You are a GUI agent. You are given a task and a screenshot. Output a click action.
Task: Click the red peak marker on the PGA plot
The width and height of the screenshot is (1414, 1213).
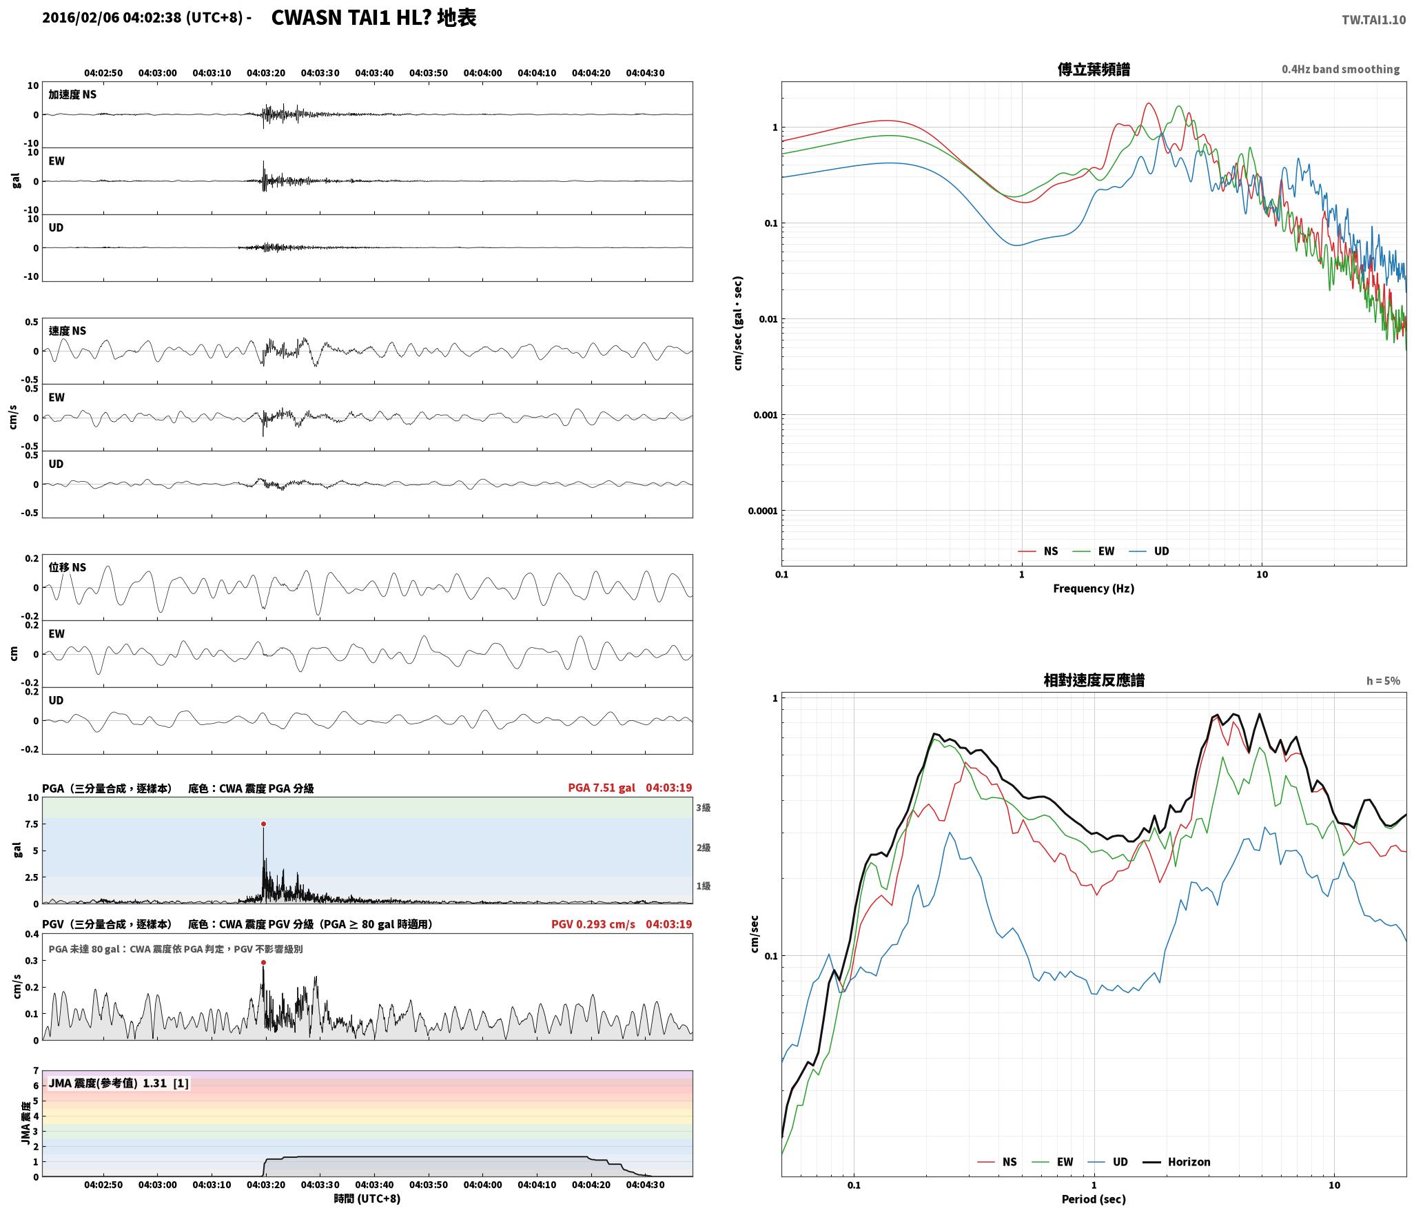click(x=263, y=824)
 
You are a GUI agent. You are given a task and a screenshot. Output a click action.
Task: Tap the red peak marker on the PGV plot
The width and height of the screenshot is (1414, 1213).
click(x=263, y=962)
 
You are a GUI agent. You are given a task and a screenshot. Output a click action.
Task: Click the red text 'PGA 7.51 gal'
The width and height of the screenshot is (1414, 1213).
click(x=602, y=788)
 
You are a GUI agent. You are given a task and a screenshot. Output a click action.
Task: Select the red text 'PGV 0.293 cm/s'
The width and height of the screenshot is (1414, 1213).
click(x=593, y=924)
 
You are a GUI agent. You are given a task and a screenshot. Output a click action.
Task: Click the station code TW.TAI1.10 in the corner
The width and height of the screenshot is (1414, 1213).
click(x=1373, y=20)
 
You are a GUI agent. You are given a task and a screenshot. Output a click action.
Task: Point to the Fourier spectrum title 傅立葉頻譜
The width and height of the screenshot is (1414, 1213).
click(x=1094, y=70)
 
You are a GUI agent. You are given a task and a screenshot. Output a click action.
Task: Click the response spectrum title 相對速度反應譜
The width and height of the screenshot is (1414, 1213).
click(x=1094, y=680)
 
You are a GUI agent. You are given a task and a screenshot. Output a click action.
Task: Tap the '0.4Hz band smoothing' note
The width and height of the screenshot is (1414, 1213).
click(x=1340, y=70)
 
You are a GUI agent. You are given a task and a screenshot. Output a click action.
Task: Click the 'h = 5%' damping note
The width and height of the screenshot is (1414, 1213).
click(x=1383, y=681)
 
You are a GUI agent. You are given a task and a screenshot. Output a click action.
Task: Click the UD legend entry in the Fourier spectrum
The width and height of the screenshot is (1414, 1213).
click(x=1149, y=551)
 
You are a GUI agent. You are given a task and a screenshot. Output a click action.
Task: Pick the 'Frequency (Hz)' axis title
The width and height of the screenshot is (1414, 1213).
click(x=1094, y=588)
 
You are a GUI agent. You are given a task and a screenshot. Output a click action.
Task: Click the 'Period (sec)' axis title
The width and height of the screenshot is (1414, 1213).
click(x=1094, y=1199)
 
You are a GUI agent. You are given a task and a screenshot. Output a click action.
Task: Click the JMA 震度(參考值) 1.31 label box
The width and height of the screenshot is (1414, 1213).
click(x=118, y=1083)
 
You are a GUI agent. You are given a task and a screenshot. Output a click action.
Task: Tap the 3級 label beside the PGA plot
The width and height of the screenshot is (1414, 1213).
click(x=703, y=808)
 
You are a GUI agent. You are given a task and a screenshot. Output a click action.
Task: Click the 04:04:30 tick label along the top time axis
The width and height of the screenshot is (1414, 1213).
click(x=645, y=73)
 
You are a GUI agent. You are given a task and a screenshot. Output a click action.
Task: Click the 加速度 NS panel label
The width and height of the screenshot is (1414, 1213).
click(x=72, y=94)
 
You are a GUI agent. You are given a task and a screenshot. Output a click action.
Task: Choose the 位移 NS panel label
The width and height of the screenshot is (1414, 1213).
click(x=68, y=567)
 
